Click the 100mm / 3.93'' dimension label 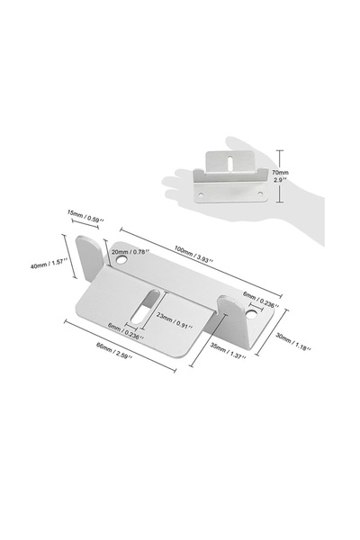(193, 255)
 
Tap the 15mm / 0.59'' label (85, 215)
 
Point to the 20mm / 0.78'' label (130, 252)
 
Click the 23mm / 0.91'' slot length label (174, 319)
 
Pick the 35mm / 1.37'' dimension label (228, 351)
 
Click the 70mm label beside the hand (280, 173)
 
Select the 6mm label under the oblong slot (125, 331)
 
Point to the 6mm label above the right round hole (261, 300)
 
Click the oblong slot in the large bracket (145, 307)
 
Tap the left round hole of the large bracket (121, 259)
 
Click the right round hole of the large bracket (252, 313)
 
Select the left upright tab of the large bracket (88, 256)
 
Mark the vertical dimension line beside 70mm (280, 176)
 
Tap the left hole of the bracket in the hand (201, 194)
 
